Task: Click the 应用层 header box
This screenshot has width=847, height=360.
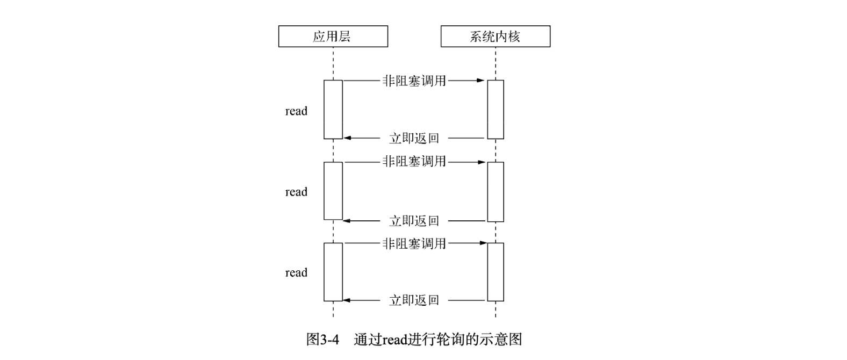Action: point(333,37)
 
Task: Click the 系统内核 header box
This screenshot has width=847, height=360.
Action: point(495,37)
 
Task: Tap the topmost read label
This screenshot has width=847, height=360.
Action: point(296,111)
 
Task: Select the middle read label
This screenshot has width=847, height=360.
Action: point(296,192)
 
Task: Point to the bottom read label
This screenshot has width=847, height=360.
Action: point(296,272)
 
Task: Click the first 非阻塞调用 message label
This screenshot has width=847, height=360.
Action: point(414,81)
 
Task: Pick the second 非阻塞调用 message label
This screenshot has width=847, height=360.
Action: point(414,161)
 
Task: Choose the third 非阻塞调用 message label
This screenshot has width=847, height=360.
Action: point(414,243)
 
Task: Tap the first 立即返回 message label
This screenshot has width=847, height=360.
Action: point(414,139)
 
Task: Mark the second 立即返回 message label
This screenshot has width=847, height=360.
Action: point(414,221)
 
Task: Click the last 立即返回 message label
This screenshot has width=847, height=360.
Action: point(414,300)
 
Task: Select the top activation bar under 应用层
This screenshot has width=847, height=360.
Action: point(333,110)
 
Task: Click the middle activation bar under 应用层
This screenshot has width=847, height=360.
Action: point(333,191)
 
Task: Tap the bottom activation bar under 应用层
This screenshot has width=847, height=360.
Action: point(333,272)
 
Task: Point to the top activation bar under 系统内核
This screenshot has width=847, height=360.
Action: point(496,110)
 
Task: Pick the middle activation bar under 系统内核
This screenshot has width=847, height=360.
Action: point(496,191)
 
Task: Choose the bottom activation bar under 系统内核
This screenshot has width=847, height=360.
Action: point(496,272)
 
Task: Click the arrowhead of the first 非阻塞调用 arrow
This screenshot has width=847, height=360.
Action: point(481,81)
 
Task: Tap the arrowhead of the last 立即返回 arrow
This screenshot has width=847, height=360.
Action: point(347,300)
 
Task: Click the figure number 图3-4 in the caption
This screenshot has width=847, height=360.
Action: point(322,340)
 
